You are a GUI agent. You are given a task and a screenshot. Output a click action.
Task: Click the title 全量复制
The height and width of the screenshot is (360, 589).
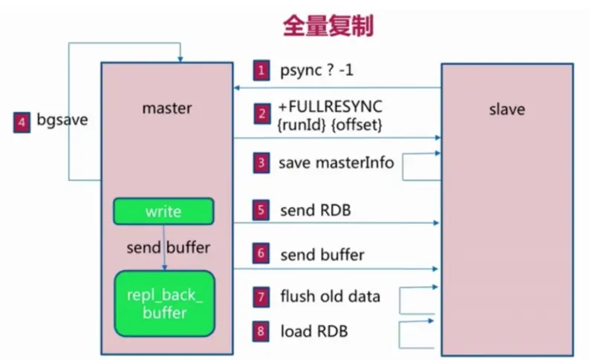[x=327, y=26]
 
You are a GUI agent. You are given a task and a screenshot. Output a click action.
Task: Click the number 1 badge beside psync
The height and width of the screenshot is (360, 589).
[x=261, y=71]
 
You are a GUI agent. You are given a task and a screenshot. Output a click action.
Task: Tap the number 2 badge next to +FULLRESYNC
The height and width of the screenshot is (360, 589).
[x=261, y=114]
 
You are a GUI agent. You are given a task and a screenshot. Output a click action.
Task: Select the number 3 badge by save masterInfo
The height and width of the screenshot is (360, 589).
[x=261, y=162]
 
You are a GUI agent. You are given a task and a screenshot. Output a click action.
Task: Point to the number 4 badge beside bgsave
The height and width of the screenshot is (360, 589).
[x=22, y=120]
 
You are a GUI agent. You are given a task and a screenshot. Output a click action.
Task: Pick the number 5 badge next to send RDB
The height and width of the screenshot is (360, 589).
[x=261, y=210]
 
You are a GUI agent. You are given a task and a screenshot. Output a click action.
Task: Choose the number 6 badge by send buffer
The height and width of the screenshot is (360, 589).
[x=261, y=254]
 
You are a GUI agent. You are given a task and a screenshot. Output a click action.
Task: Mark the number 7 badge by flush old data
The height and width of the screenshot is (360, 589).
[x=261, y=297]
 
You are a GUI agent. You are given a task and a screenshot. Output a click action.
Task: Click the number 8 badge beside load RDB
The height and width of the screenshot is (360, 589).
[x=261, y=331]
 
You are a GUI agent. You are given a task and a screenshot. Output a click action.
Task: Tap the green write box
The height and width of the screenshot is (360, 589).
[x=163, y=212]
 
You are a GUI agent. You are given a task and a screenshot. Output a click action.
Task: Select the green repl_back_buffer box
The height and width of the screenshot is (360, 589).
[x=164, y=304]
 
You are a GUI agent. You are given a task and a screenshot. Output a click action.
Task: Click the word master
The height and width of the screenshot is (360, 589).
[x=166, y=108]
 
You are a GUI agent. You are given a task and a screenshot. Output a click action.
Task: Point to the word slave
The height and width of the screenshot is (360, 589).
[x=507, y=109]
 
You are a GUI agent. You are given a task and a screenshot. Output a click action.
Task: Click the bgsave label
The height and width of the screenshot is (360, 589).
[x=62, y=120]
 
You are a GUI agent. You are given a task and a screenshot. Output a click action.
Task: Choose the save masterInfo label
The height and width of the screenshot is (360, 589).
[x=336, y=162]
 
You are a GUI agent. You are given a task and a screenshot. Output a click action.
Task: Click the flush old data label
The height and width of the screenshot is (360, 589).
[x=330, y=297]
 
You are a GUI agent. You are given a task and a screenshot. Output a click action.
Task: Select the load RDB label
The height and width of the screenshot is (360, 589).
[x=313, y=331]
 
